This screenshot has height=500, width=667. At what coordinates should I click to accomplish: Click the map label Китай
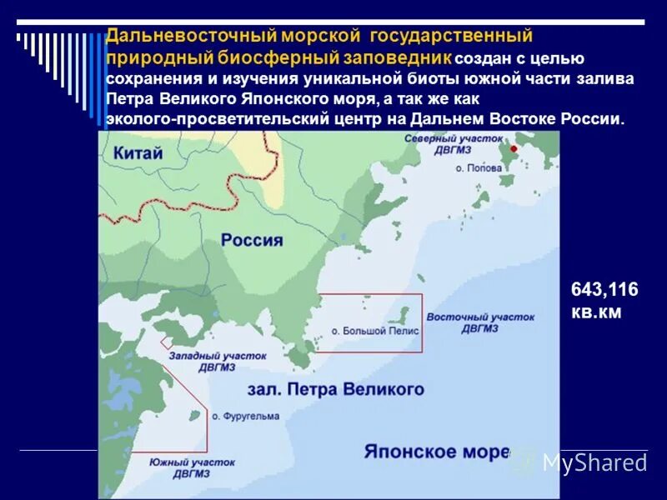tap(138, 152)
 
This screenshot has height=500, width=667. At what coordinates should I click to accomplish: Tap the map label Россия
tap(252, 240)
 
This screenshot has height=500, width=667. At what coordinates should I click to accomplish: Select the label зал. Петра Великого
tap(335, 389)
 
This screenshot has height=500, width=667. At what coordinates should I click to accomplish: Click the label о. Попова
tap(479, 167)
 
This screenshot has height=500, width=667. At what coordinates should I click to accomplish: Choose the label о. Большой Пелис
tap(375, 331)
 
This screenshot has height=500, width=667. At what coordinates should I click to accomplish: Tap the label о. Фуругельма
tap(246, 416)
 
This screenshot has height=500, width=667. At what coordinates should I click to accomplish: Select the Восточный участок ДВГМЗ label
tap(479, 322)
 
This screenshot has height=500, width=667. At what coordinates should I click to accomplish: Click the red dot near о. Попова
tap(514, 148)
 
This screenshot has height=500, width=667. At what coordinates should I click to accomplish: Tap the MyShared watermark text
tap(594, 462)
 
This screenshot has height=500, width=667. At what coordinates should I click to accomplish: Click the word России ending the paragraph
tap(594, 118)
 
